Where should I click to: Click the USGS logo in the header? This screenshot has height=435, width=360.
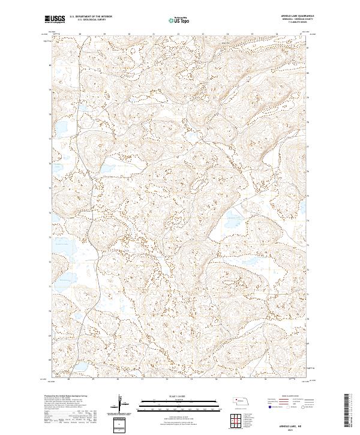[x=55, y=19]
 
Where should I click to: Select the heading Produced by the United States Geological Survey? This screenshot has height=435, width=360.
[x=67, y=397]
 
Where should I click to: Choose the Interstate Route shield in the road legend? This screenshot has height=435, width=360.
[x=268, y=407]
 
